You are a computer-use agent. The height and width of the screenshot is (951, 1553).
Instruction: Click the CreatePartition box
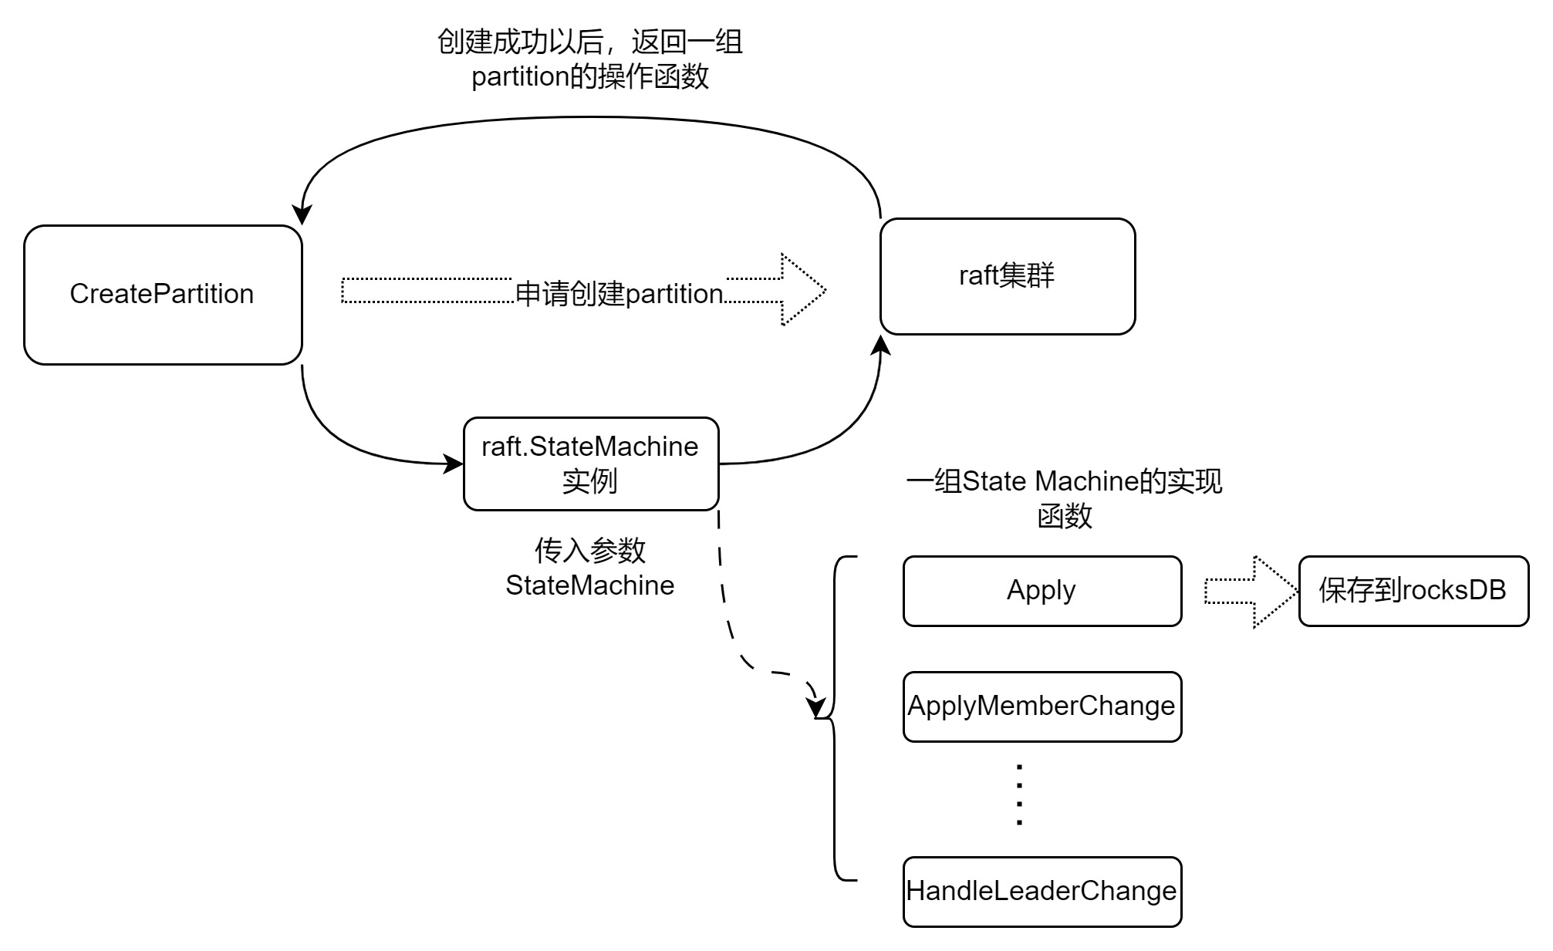pyautogui.click(x=162, y=295)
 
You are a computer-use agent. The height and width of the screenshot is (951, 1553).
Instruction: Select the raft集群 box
pyautogui.click(x=1007, y=276)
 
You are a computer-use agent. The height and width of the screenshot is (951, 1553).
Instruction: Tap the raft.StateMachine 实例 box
pyautogui.click(x=590, y=464)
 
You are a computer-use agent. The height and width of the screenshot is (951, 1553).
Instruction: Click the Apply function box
pyautogui.click(x=1042, y=591)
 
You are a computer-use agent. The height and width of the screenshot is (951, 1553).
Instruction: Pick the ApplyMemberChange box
pyautogui.click(x=1042, y=707)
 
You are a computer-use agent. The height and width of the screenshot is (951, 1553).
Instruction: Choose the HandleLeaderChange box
pyautogui.click(x=1042, y=892)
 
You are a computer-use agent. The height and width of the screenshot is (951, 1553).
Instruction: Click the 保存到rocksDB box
pyautogui.click(x=1413, y=591)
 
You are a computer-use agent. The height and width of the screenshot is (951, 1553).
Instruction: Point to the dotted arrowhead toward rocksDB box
pyautogui.click(x=1273, y=592)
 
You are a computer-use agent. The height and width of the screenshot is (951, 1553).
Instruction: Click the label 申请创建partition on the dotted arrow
pyautogui.click(x=619, y=294)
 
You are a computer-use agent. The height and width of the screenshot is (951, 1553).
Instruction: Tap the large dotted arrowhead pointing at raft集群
pyautogui.click(x=802, y=290)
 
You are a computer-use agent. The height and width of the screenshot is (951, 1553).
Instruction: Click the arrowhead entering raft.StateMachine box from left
pyautogui.click(x=453, y=464)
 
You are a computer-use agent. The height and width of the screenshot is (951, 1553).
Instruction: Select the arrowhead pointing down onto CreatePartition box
pyautogui.click(x=301, y=214)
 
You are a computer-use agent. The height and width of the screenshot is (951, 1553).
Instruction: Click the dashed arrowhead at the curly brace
pyautogui.click(x=815, y=706)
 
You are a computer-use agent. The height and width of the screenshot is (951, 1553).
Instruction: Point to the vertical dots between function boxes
pyautogui.click(x=1019, y=795)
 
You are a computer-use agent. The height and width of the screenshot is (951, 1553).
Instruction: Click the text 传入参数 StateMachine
pyautogui.click(x=589, y=568)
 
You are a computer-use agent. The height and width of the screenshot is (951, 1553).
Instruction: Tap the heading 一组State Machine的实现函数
pyautogui.click(x=1064, y=498)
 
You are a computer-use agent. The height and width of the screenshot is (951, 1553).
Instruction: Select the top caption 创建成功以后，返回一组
pyautogui.click(x=589, y=42)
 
